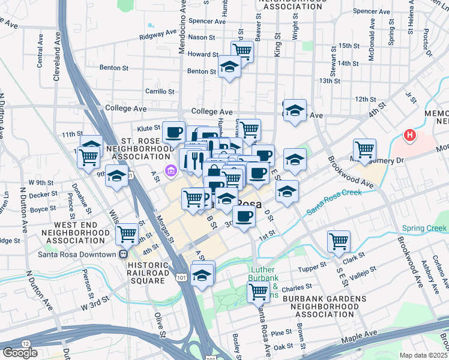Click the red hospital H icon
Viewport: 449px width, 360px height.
click(411, 136)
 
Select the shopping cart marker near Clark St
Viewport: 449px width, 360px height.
click(339, 241)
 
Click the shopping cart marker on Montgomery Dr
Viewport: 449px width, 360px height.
click(364, 149)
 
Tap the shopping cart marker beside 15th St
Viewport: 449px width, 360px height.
click(242, 50)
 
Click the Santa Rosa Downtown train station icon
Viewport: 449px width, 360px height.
click(124, 254)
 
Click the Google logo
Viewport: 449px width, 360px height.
click(20, 352)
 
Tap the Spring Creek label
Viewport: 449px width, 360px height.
click(424, 228)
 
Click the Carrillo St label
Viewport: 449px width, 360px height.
click(160, 92)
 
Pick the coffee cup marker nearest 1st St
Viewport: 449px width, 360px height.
click(243, 217)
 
